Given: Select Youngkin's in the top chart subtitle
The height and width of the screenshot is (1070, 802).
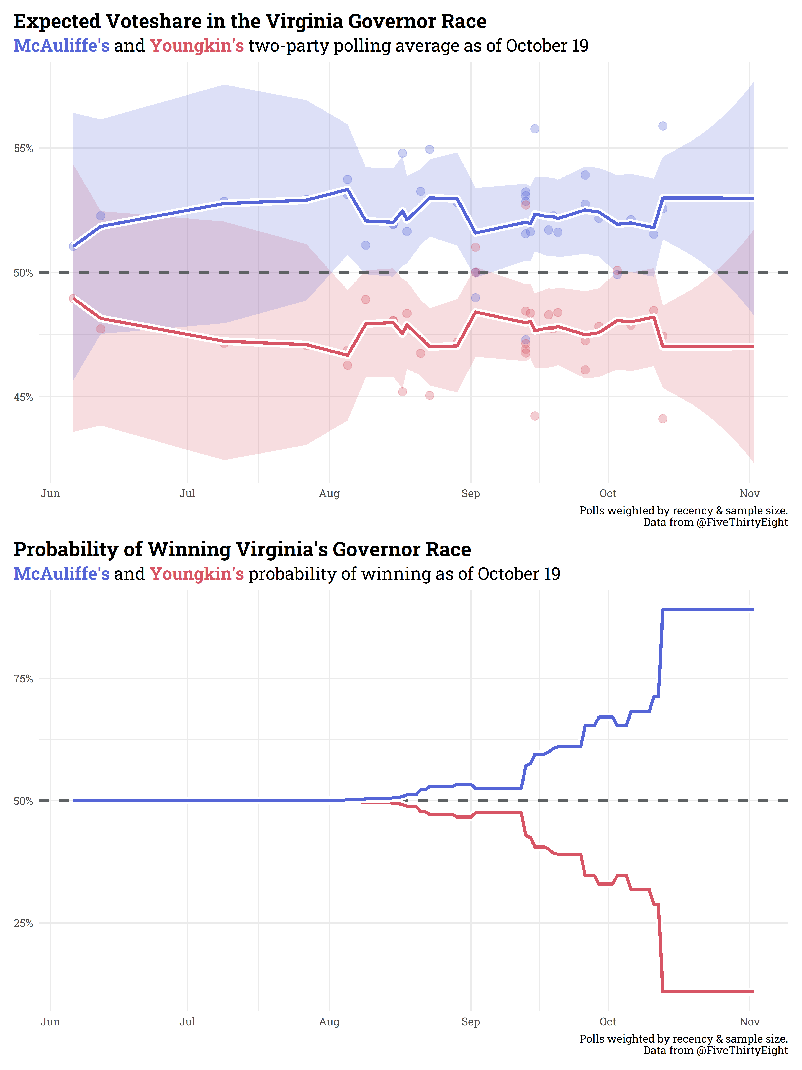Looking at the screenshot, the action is point(197,46).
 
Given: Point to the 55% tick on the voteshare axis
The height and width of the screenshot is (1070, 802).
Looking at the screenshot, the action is point(23,149).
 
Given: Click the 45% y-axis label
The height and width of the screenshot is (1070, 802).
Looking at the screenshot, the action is point(23,397).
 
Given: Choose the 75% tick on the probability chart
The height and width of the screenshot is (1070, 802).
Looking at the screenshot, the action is point(23,679).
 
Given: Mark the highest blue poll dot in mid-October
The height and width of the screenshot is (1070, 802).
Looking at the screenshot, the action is point(663,126).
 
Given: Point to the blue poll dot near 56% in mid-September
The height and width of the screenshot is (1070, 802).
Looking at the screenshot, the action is point(535,129).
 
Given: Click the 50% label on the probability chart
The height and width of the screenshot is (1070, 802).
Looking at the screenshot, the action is point(23,801).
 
